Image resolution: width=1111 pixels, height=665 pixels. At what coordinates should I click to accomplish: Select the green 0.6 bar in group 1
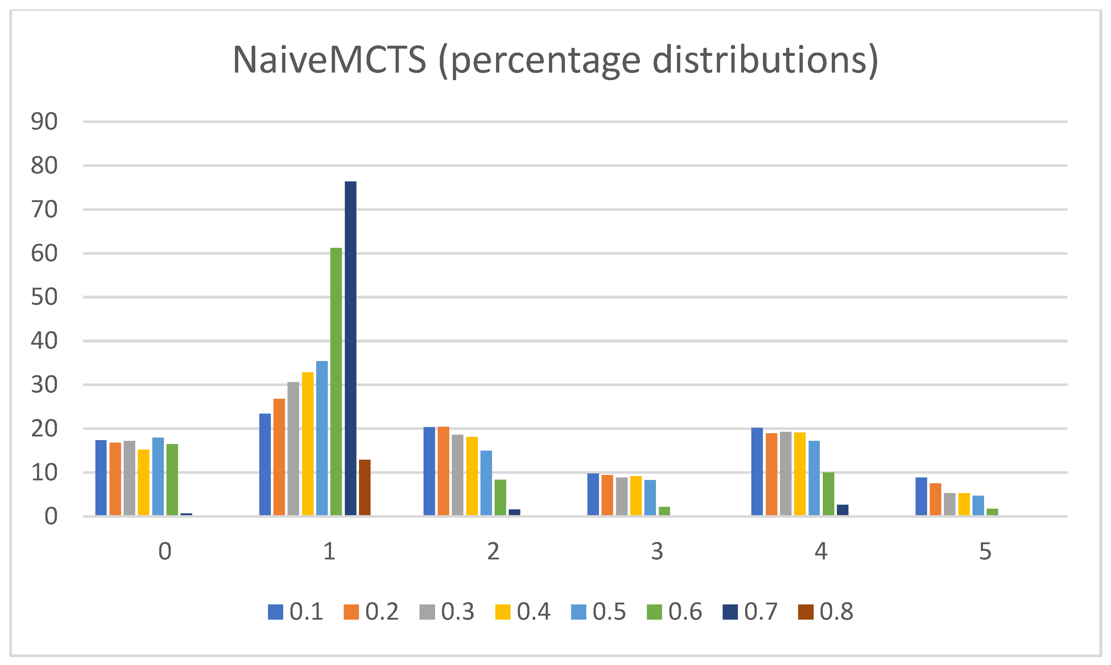[336, 381]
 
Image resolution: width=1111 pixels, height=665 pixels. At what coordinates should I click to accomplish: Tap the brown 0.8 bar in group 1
[364, 487]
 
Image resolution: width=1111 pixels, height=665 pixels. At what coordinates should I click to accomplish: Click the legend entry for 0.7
[751, 612]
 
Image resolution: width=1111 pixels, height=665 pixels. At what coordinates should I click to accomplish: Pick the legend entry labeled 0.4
[523, 612]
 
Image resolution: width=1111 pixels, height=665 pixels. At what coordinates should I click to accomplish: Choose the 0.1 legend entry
[296, 612]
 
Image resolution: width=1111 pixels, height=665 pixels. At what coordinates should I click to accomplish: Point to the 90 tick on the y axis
[44, 122]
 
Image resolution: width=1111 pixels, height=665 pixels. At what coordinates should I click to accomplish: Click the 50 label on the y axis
[44, 297]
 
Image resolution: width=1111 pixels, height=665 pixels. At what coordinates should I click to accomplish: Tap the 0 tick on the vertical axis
[51, 517]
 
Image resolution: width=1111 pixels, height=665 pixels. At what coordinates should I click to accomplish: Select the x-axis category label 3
[657, 551]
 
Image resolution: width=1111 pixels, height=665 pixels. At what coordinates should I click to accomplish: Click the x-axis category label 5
[985, 551]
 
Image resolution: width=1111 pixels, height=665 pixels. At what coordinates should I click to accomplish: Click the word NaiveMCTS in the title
[329, 60]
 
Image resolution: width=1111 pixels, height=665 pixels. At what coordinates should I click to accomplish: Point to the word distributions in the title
[759, 60]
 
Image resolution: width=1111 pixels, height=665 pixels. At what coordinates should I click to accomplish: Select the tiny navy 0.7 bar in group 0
[186, 514]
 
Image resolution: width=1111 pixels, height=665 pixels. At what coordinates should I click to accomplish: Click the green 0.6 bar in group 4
[829, 493]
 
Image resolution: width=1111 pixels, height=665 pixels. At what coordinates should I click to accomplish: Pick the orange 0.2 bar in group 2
[443, 471]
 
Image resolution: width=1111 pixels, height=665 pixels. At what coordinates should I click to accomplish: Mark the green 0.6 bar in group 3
[665, 511]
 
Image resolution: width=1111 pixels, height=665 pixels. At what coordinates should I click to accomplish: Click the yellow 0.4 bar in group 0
[144, 482]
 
